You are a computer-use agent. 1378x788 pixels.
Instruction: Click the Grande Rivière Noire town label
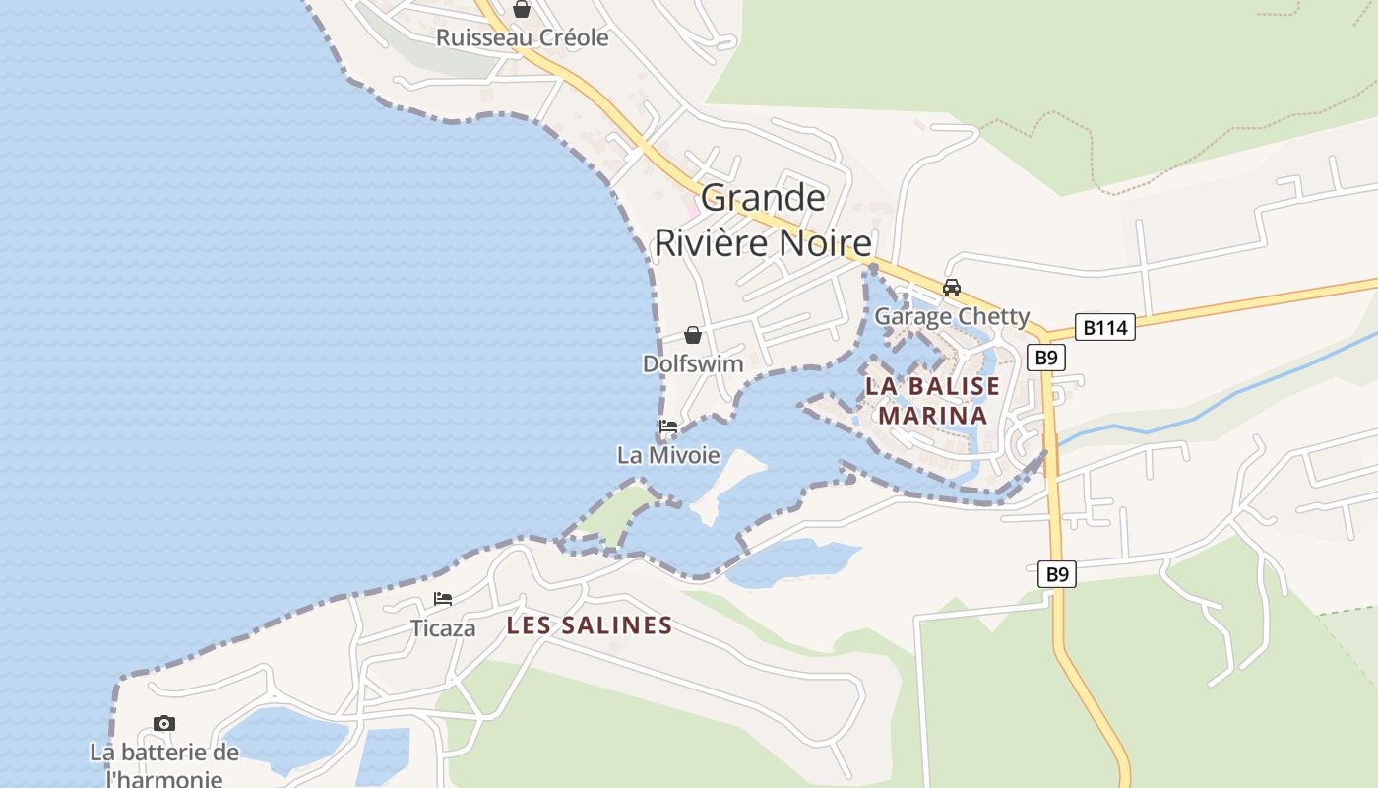[763, 220]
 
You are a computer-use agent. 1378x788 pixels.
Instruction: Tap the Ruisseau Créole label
[522, 38]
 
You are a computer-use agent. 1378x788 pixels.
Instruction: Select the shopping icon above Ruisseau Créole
[522, 10]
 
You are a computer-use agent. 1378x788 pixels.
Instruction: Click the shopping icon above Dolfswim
[693, 335]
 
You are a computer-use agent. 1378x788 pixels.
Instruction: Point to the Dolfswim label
[693, 363]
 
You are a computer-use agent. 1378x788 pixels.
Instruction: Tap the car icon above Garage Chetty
[951, 288]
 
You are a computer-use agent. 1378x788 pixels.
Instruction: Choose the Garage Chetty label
[952, 316]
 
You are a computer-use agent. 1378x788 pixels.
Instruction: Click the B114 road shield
[1104, 327]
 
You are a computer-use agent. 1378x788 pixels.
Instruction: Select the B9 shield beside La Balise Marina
[1046, 358]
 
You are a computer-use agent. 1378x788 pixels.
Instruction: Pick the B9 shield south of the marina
[1056, 574]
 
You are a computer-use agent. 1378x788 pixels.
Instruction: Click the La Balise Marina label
[932, 400]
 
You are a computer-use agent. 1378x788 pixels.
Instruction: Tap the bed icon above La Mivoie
[668, 427]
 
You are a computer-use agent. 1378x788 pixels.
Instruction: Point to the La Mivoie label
[668, 456]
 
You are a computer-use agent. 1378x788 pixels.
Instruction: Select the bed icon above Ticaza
[443, 599]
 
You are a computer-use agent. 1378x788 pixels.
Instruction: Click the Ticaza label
[443, 628]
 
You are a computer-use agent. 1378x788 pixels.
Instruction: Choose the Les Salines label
[590, 625]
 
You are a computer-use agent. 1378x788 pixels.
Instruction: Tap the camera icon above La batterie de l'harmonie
[164, 724]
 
